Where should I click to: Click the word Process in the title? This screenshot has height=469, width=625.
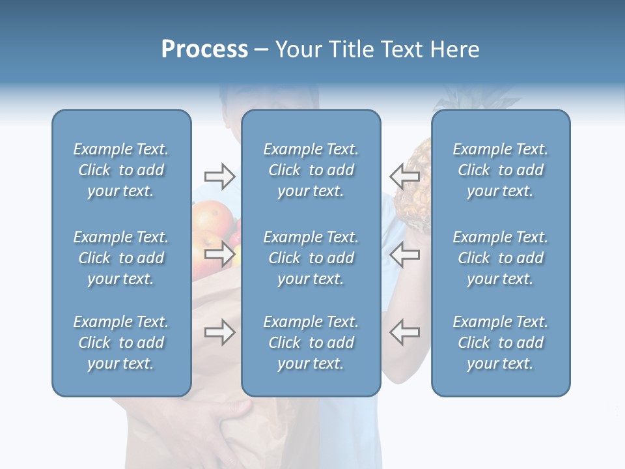coord(204,50)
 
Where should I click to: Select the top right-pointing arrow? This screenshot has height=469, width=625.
coord(219,176)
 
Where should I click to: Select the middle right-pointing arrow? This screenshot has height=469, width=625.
coord(219,254)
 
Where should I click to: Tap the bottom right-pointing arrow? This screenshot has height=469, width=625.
coord(219,332)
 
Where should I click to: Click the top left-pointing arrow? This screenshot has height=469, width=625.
coord(405,176)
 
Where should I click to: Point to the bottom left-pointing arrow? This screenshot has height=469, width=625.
coord(405,332)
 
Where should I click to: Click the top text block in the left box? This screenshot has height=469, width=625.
coord(121,170)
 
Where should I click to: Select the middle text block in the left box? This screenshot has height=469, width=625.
coord(121,258)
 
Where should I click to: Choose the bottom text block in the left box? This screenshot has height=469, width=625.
coord(121,343)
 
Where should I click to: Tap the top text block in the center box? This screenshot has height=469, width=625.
coord(311,170)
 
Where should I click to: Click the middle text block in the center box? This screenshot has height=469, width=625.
coord(311,258)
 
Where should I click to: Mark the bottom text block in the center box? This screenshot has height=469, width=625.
coord(311,343)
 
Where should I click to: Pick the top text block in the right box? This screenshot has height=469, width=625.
coord(500,170)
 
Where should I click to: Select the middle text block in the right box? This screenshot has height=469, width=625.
coord(500,258)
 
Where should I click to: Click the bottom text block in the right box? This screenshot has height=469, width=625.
coord(500,343)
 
